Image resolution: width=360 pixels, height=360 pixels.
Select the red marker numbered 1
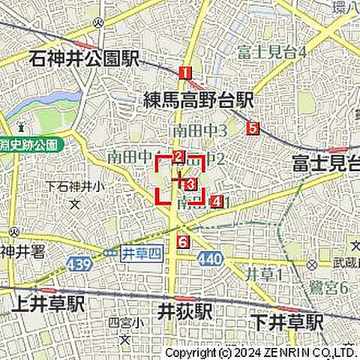click(x=184, y=73)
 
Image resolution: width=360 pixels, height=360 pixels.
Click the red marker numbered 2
click(x=178, y=157)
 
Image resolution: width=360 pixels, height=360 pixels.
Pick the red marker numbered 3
click(x=190, y=184)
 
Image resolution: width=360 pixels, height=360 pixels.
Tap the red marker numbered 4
click(x=217, y=201)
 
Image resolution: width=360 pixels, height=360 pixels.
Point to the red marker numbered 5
click(x=253, y=128)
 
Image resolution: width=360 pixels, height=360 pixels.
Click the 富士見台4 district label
click(x=271, y=52)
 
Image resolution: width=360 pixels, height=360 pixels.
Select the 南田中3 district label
click(x=200, y=130)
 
